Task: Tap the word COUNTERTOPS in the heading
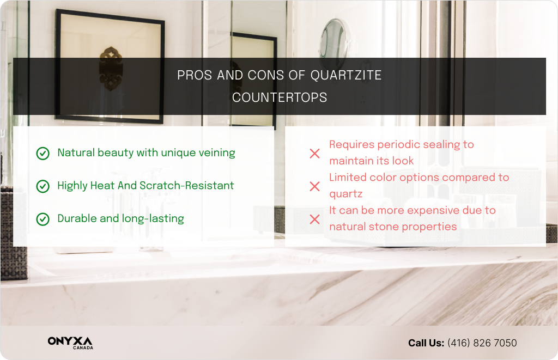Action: (280, 98)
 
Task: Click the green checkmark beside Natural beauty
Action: (43, 154)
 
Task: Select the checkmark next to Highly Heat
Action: (43, 186)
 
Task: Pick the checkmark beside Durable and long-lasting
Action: (43, 219)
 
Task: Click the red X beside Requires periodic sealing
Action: (314, 154)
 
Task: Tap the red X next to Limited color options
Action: (314, 186)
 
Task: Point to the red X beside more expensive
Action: (314, 219)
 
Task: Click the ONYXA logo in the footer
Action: (70, 343)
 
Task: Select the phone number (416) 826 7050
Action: (482, 343)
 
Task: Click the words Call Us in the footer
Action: (426, 343)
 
